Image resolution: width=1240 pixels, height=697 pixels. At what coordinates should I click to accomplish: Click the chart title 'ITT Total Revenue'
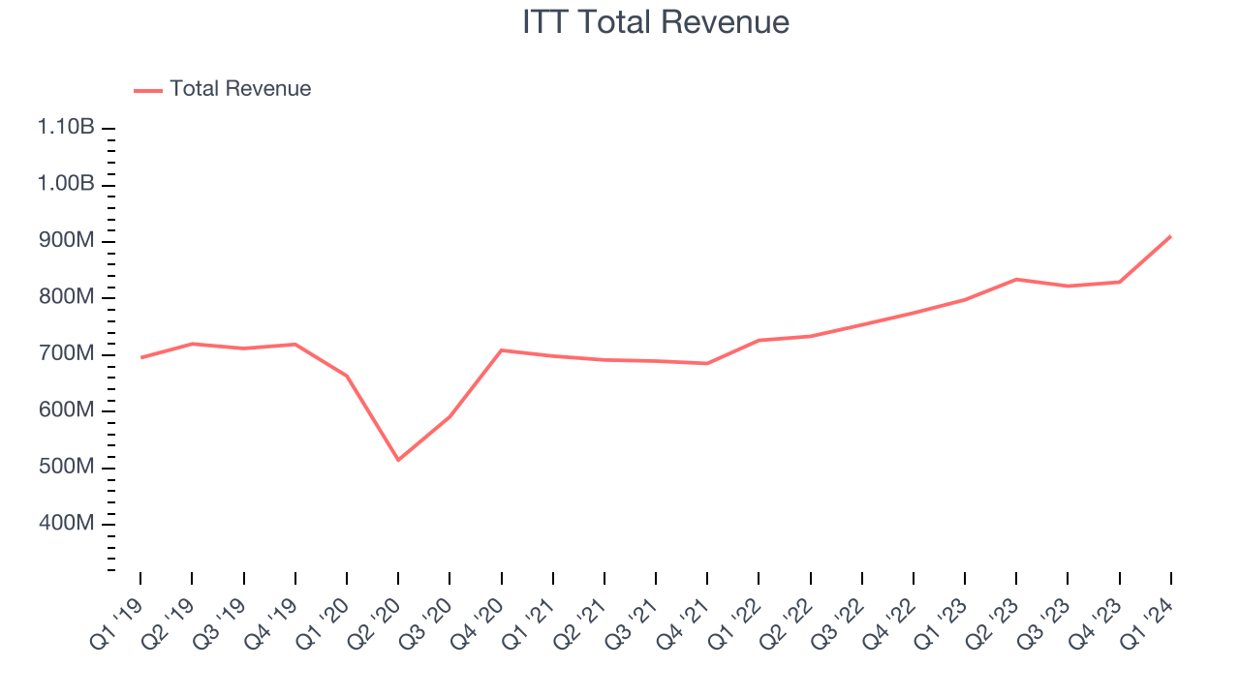[x=656, y=22]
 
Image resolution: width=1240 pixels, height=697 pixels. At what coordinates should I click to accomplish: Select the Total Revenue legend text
[x=240, y=89]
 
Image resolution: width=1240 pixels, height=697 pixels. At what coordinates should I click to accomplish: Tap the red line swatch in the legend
[x=147, y=90]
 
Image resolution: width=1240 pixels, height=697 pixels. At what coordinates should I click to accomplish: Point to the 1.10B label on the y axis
[x=66, y=128]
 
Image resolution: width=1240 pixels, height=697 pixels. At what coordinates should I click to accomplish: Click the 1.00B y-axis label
[x=66, y=185]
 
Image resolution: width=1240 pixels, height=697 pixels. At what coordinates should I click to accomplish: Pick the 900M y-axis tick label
[x=66, y=241]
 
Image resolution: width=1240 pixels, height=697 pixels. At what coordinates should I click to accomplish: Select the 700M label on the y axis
[x=66, y=354]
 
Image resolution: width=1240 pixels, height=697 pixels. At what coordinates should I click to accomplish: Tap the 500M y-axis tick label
[x=66, y=468]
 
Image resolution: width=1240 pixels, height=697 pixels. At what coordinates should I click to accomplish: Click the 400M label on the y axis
[x=66, y=524]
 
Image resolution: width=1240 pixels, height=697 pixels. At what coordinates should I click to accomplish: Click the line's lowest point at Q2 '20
[x=398, y=460]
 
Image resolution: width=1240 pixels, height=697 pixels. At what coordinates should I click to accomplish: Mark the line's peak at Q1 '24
[x=1171, y=236]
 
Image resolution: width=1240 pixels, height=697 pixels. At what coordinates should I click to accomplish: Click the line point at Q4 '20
[x=501, y=350]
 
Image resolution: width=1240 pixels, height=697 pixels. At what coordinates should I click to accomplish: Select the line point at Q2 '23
[x=1016, y=279]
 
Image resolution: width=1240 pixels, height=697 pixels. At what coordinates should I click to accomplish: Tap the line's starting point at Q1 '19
[x=140, y=358]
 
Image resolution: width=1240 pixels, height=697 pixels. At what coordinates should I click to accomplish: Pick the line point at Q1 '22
[x=759, y=340]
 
